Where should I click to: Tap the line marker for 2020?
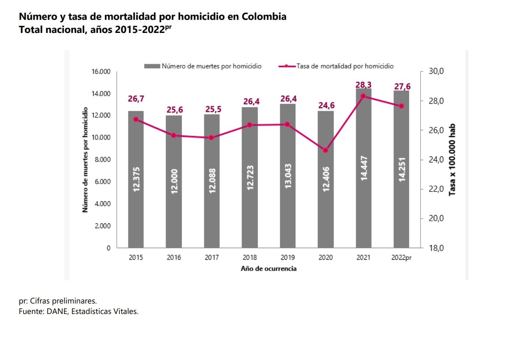pos(325,150)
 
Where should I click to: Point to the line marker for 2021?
pos(363,96)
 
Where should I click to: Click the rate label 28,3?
pos(363,85)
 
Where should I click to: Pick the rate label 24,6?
pos(327,106)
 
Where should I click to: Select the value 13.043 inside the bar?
pos(288,176)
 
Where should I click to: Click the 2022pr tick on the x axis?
pos(401,257)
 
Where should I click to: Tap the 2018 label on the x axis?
pos(249,257)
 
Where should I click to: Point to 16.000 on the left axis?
pos(101,71)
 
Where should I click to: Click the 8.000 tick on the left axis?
pos(102,159)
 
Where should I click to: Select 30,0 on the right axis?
pos(436,71)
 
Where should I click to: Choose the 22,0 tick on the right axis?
pos(436,189)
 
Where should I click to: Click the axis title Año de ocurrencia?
pos(268,269)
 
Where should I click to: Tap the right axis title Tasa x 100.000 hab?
pos(452,159)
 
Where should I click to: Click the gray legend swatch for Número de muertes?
pos(152,66)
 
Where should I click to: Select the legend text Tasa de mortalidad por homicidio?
pos(345,66)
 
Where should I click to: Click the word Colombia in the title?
pos(264,16)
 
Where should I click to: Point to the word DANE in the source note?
pos(57,311)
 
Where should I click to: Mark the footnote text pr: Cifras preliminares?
pos(58,301)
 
